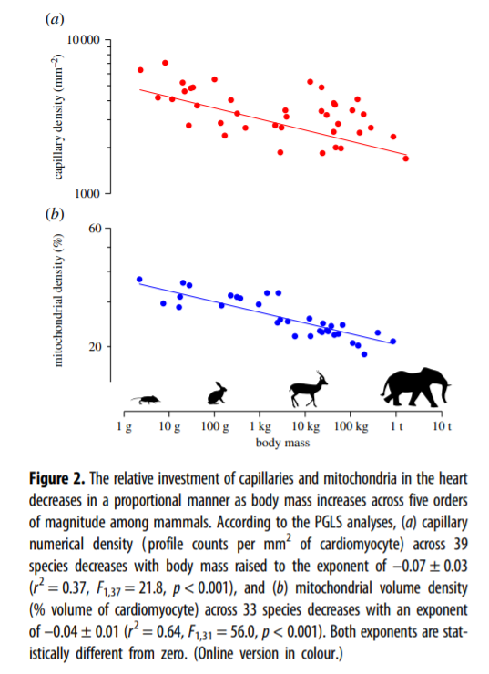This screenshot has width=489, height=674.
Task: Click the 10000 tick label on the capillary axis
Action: [82, 42]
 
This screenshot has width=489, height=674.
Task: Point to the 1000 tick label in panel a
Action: [85, 194]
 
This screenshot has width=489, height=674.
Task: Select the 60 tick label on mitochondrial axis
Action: [94, 227]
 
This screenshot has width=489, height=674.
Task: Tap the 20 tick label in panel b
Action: [94, 347]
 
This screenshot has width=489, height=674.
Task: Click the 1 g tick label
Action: [124, 426]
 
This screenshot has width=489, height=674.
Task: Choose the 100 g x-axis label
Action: [213, 426]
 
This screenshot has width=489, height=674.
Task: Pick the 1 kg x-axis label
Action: [260, 426]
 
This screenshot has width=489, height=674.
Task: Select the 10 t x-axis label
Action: [441, 426]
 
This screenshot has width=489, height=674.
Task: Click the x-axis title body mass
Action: [282, 444]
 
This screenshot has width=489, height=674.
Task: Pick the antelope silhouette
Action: [307, 389]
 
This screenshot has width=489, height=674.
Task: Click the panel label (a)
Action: [54, 20]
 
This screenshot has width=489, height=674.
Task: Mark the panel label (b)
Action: [54, 215]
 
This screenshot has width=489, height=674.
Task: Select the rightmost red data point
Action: [406, 158]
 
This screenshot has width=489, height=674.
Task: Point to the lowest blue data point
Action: [364, 354]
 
